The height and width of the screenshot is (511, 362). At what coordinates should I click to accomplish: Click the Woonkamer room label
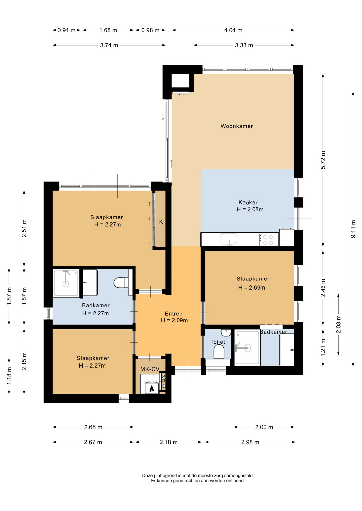[236, 126]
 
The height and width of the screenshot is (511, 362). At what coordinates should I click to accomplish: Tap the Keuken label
[248, 203]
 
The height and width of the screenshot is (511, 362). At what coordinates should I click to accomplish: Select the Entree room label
[174, 314]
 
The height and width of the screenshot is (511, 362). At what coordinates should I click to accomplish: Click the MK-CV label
[150, 369]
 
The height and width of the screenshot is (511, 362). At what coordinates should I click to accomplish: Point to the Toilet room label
[218, 342]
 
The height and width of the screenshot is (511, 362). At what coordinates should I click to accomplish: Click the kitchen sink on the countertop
[229, 239]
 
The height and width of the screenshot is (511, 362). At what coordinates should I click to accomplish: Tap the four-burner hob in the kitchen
[267, 240]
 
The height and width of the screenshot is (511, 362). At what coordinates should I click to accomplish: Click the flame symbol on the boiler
[152, 389]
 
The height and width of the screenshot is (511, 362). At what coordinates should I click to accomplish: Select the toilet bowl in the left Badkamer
[121, 283]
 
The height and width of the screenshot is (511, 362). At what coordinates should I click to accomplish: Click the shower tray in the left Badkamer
[66, 283]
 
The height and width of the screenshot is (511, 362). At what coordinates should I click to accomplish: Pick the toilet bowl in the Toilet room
[219, 352]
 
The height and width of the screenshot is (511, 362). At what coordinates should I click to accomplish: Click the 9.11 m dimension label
[353, 229]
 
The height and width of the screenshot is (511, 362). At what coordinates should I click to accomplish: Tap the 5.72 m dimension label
[323, 160]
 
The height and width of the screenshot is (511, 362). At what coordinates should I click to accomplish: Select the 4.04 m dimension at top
[233, 30]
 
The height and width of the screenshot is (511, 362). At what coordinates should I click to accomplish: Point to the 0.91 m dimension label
[66, 30]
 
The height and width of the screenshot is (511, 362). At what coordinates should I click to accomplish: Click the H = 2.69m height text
[251, 288]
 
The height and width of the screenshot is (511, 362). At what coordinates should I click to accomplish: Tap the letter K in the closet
[161, 222]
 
